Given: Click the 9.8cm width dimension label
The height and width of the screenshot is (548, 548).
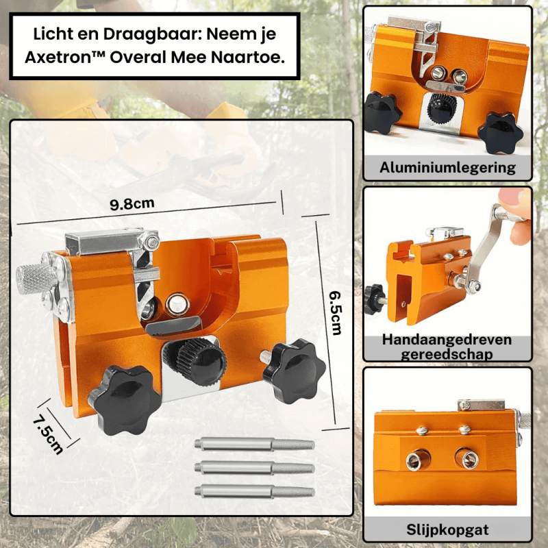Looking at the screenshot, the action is point(132,204).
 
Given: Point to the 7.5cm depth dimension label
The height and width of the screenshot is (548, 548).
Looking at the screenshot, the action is point(48,434).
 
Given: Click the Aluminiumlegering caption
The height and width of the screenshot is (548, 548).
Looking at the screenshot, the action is point(447,167).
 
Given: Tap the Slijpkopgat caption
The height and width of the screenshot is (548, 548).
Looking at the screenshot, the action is point(447,530).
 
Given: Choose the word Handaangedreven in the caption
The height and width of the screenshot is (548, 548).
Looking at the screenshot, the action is point(447,339).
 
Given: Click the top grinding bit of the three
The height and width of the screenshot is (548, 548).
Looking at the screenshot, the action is point(254,445).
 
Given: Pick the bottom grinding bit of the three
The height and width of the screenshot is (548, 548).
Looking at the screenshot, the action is point(254,491).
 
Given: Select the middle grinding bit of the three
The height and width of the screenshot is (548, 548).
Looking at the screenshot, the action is point(254,468).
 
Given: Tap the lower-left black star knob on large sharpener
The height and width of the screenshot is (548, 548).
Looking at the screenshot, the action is point(125,399).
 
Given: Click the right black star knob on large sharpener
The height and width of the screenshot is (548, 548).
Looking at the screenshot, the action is point(293,371).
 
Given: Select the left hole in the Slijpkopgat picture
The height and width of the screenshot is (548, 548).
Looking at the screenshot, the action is point(418,460).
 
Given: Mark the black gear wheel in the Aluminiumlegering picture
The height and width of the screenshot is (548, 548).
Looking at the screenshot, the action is point(442,108).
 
